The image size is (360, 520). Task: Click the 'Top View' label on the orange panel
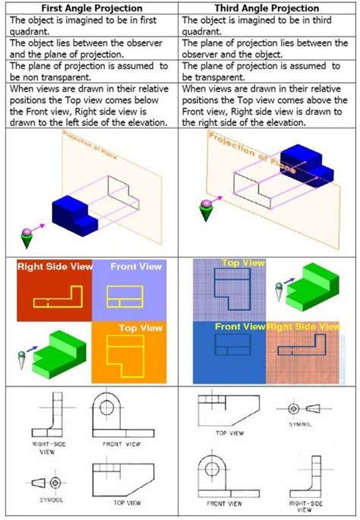140,328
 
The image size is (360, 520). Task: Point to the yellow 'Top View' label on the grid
242,263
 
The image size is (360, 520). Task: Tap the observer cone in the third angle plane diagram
204,210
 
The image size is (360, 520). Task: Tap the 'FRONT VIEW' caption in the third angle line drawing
224,503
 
